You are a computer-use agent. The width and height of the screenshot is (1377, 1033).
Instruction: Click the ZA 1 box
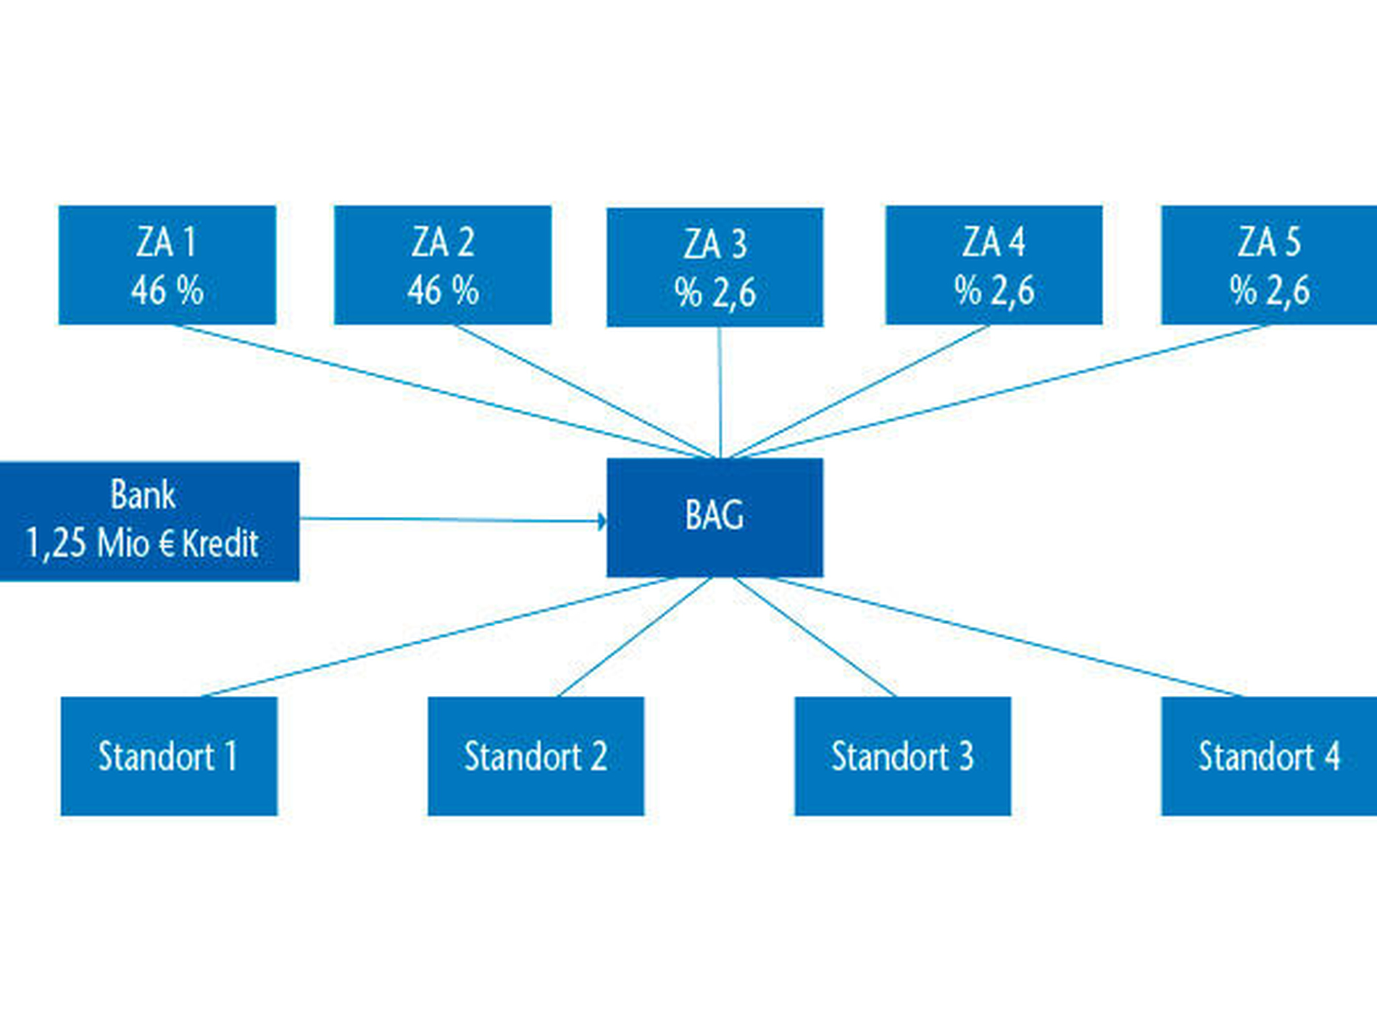[167, 265]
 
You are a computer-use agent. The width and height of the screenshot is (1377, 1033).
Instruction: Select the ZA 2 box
[443, 265]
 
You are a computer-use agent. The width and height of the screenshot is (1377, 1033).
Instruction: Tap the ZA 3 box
[715, 267]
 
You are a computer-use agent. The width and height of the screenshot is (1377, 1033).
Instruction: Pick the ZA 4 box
[994, 265]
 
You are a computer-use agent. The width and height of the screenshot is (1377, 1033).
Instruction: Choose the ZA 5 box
[1269, 265]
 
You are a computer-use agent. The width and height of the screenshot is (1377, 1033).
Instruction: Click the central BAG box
[715, 518]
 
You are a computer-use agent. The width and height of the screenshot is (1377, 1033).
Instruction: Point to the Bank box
[149, 521]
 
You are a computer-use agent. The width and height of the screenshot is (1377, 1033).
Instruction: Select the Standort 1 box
[169, 756]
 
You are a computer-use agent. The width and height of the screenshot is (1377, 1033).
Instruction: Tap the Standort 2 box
[536, 756]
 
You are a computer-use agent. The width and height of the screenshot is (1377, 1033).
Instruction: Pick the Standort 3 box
[903, 756]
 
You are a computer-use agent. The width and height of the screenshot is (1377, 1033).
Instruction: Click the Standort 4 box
[1269, 756]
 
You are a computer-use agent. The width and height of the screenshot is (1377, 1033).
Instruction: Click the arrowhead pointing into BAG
[602, 520]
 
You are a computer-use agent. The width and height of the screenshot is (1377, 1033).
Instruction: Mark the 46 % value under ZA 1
[167, 291]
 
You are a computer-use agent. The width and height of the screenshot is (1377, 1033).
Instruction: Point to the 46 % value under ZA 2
[443, 291]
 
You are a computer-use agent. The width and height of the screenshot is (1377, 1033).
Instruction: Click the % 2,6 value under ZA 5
[1270, 291]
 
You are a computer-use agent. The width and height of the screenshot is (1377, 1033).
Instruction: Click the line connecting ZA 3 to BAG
[720, 392]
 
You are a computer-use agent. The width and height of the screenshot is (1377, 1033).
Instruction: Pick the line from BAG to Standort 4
[1008, 637]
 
